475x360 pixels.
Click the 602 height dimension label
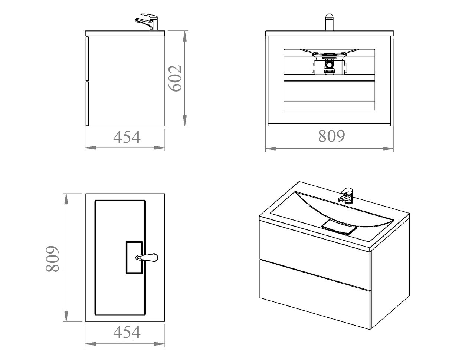coord(175,78)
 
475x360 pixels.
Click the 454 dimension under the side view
coord(127,137)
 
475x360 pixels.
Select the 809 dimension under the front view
coord(331,136)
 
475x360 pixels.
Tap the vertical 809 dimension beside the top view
coord(52,258)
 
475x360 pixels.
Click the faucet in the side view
coord(147,22)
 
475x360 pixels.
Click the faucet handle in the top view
coord(147,257)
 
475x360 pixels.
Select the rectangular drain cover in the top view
coord(134,258)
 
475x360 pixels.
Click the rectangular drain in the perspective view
coord(339,227)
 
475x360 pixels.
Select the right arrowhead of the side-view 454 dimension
coord(159,148)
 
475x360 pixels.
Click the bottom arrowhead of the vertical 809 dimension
coord(66,316)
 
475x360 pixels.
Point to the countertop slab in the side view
coord(125,33)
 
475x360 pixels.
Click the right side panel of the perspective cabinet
coord(390,274)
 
